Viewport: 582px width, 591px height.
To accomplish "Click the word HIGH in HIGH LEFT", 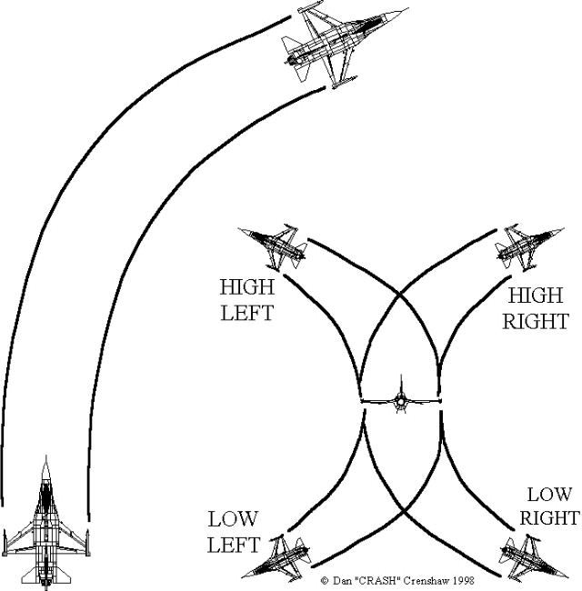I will tap(247, 287).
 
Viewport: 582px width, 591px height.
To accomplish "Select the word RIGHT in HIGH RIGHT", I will tap(538, 321).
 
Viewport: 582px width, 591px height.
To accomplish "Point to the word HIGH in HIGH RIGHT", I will tap(537, 295).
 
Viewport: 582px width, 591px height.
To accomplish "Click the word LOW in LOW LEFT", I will tap(234, 521).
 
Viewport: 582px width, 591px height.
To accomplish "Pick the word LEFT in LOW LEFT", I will tap(234, 546).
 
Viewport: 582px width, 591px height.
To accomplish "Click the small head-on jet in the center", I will tap(401, 401).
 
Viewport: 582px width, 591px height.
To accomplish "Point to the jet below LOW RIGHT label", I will tap(525, 554).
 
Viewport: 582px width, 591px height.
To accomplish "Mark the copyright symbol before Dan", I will tap(326, 579).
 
